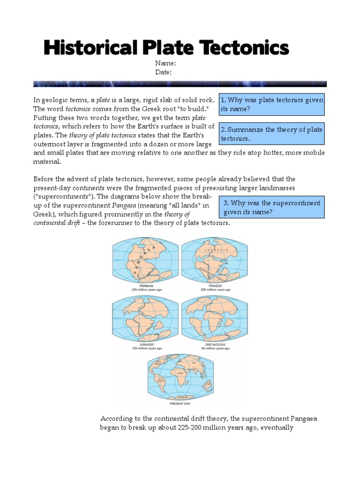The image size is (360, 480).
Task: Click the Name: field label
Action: tap(165, 63)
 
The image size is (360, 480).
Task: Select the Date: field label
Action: tap(164, 72)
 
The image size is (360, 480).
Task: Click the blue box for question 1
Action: tap(271, 105)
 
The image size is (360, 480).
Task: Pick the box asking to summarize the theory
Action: tap(271, 134)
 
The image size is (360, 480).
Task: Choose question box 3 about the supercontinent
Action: tap(271, 207)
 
